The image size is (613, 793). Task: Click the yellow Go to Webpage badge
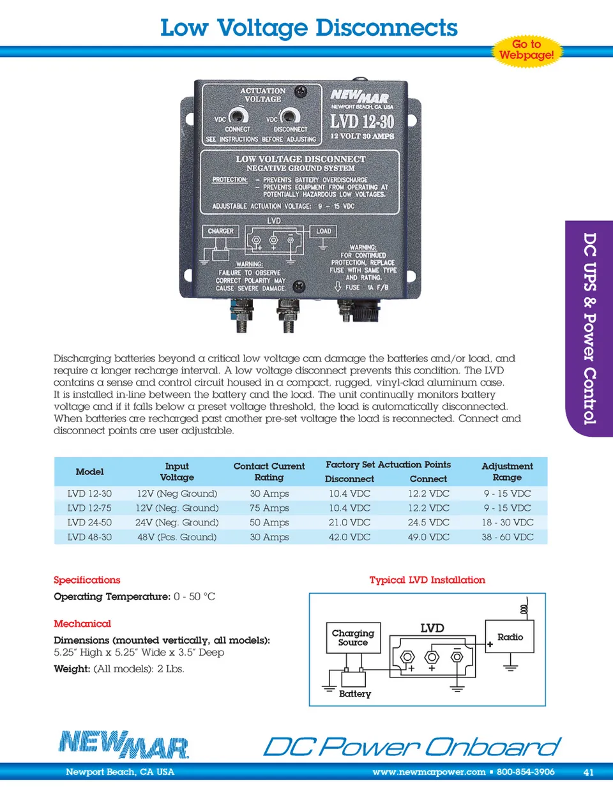point(526,50)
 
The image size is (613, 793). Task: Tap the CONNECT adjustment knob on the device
point(238,116)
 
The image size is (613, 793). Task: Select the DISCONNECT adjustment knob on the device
point(290,116)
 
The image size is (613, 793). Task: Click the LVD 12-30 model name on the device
point(361,121)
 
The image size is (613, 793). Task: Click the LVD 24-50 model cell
point(89,522)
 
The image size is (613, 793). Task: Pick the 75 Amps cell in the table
point(269,508)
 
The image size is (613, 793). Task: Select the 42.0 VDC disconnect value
point(349,537)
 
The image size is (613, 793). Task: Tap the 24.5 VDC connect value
point(428,522)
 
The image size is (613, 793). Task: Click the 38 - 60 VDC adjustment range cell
point(508,537)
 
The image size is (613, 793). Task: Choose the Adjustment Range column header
point(507,472)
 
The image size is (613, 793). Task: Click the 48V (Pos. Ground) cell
point(177,537)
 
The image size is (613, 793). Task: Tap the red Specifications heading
point(87,580)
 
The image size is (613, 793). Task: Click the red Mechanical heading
point(82,623)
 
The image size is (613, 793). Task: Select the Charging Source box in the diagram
point(353,638)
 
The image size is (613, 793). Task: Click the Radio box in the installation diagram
point(510,637)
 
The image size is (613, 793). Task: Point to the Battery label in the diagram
point(355,693)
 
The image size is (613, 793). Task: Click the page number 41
point(588,772)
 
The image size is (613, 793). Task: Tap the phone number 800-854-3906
point(526,772)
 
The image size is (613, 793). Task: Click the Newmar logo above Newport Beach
point(124,744)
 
